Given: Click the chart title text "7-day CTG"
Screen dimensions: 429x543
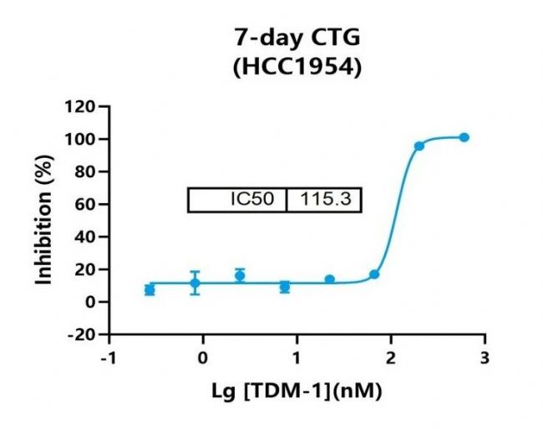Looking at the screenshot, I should pyautogui.click(x=297, y=38).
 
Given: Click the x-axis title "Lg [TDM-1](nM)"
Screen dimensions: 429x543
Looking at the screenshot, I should pyautogui.click(x=297, y=389).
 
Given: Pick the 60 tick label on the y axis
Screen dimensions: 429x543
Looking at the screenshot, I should pyautogui.click(x=83, y=204).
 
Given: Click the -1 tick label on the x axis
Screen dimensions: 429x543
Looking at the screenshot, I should pyautogui.click(x=106, y=357).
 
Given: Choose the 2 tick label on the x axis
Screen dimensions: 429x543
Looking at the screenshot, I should pyautogui.click(x=391, y=357).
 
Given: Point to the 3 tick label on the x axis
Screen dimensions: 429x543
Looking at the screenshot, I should pyautogui.click(x=485, y=357).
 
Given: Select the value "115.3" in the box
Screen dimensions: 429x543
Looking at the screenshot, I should pyautogui.click(x=324, y=201).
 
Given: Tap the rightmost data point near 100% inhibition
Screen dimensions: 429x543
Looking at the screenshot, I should pyautogui.click(x=464, y=137).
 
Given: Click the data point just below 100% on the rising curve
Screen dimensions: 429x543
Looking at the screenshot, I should pyautogui.click(x=419, y=146).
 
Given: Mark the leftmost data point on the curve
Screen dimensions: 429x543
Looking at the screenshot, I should pyautogui.click(x=150, y=289).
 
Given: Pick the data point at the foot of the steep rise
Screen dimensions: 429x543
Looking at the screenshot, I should pyautogui.click(x=374, y=274).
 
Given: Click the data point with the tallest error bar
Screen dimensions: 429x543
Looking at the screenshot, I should pyautogui.click(x=195, y=283).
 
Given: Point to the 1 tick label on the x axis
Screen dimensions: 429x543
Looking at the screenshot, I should pyautogui.click(x=297, y=357).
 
